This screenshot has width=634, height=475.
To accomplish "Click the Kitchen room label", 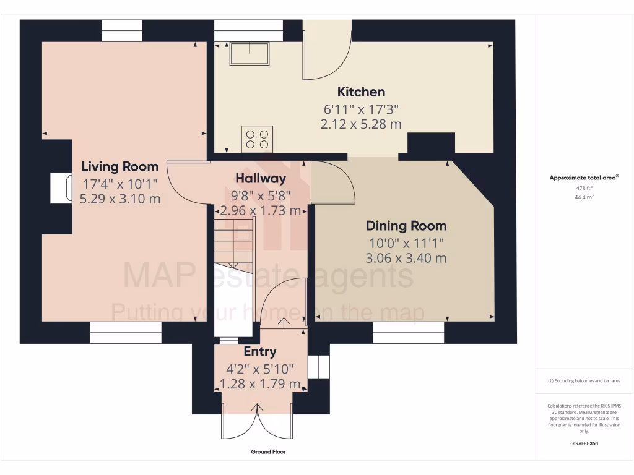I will pos(361,92).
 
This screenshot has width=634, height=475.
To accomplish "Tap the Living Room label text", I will pos(120,166).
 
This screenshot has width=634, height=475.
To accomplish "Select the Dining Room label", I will pos(406,226).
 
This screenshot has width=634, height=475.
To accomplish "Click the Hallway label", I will pos(260,179).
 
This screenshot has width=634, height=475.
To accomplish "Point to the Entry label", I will pos(260,352).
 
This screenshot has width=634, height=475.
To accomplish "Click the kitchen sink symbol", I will pos(250,54).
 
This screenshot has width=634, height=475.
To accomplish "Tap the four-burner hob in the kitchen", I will pos(258,138).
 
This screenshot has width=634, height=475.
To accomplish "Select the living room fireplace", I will pos(61,187).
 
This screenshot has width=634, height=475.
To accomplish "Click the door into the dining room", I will pos(332,182).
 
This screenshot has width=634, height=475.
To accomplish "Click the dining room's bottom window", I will pos(409,333).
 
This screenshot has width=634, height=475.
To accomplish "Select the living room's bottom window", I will pos(126,333).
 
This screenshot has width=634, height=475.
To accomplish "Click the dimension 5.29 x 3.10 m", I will pos(120,199).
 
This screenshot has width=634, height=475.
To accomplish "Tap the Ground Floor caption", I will pos(268,452).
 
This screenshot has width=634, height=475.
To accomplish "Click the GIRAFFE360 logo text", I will pos(584,443).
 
